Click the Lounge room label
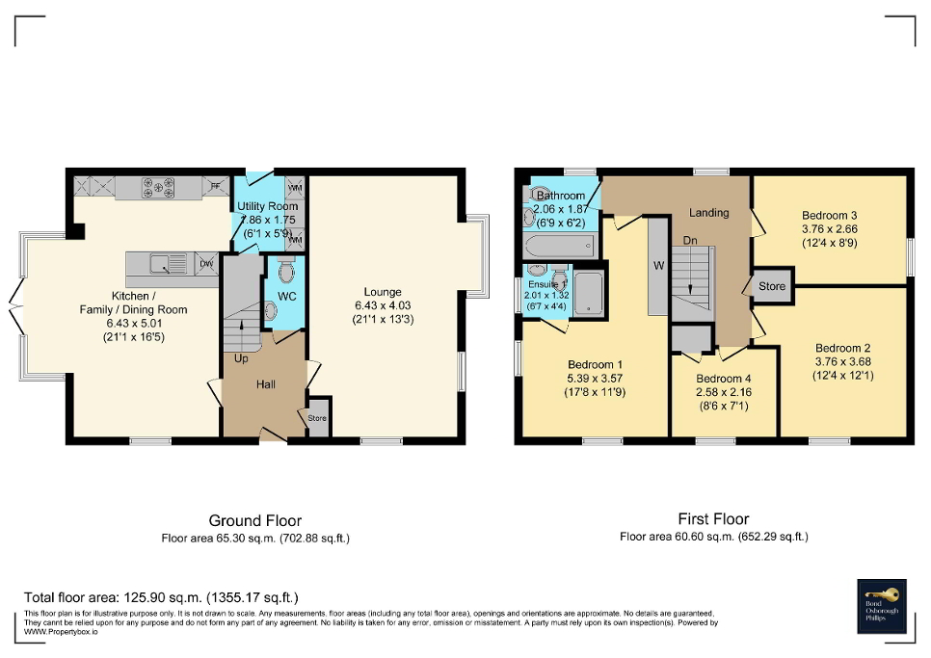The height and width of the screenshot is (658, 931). click(x=383, y=292)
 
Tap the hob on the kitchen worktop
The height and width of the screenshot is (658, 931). click(x=158, y=184)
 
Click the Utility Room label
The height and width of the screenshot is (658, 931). click(x=269, y=206)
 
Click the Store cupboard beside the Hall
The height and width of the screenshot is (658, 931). click(x=317, y=417)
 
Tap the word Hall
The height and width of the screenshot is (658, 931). click(x=266, y=385)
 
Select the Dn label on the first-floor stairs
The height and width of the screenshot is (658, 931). click(x=690, y=240)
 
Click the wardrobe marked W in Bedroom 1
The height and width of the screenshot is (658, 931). click(x=658, y=264)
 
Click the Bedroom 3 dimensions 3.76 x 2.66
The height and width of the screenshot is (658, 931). click(x=829, y=229)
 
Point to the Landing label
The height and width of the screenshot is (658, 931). click(x=708, y=212)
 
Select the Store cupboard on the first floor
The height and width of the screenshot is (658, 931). click(x=772, y=286)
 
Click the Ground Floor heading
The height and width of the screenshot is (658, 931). click(x=255, y=521)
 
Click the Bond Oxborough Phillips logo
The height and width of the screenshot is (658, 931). click(x=884, y=607)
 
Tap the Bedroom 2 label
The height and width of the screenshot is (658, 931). click(x=842, y=348)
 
